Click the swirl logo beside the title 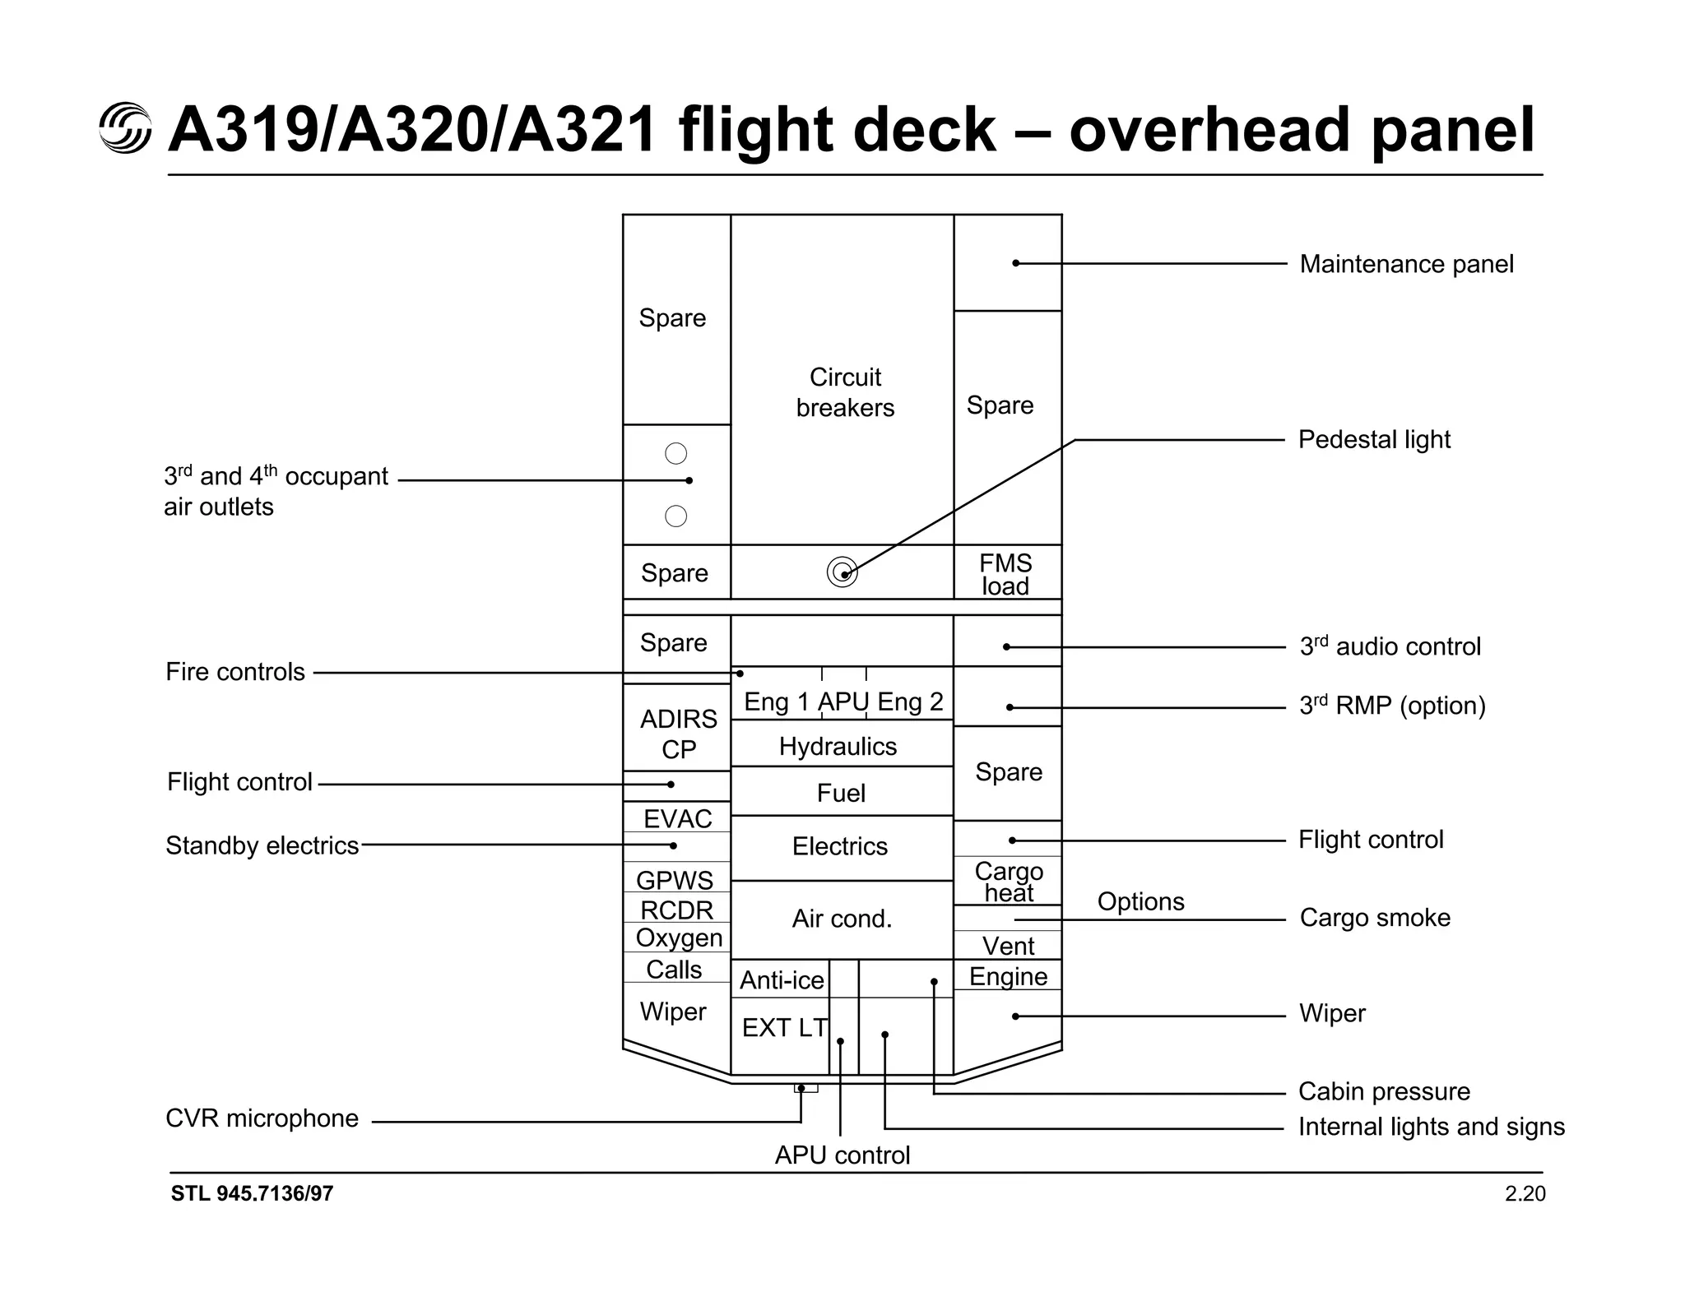click(125, 128)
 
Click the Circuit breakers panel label click(845, 392)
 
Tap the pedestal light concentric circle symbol click(842, 572)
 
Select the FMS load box click(1005, 574)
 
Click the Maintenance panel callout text click(1405, 264)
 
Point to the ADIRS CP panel click(678, 734)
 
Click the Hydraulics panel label click(838, 746)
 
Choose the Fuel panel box click(841, 793)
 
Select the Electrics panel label click(840, 846)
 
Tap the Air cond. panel click(842, 919)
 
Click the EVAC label click(677, 818)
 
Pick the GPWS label click(675, 880)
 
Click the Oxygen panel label click(679, 938)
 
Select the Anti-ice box click(781, 979)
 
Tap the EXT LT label click(784, 1027)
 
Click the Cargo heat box click(1008, 882)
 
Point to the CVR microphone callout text click(262, 1118)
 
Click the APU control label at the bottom click(842, 1155)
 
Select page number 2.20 click(1525, 1193)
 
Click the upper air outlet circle click(675, 453)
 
